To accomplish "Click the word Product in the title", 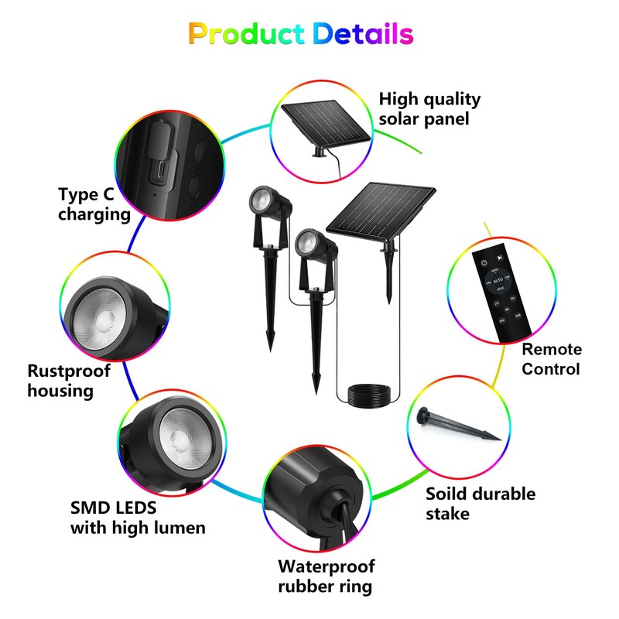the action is click(x=247, y=34).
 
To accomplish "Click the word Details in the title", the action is click(x=363, y=34).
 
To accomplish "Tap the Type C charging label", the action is click(x=94, y=204).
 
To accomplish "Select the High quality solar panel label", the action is click(x=429, y=109).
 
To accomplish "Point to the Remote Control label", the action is click(x=551, y=359).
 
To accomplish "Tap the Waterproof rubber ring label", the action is click(x=326, y=576).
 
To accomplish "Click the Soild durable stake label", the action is click(x=480, y=503).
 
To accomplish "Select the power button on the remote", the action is click(x=484, y=263).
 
